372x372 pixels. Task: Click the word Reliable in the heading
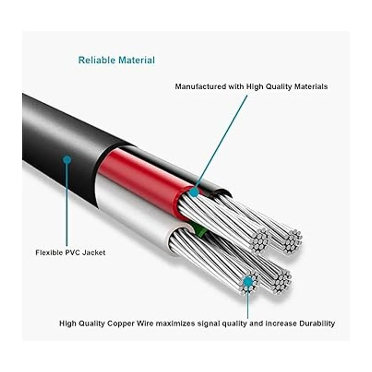pyautogui.click(x=96, y=60)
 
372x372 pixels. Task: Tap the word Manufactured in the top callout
pyautogui.click(x=200, y=86)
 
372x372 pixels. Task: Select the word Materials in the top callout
pyautogui.click(x=311, y=86)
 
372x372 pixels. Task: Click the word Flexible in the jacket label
pyautogui.click(x=49, y=253)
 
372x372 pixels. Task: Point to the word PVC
pyautogui.click(x=72, y=253)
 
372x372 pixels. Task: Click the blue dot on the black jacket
pyautogui.click(x=67, y=160)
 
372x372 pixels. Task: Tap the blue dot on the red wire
pyautogui.click(x=194, y=193)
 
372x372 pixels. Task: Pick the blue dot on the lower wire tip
pyautogui.click(x=248, y=282)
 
